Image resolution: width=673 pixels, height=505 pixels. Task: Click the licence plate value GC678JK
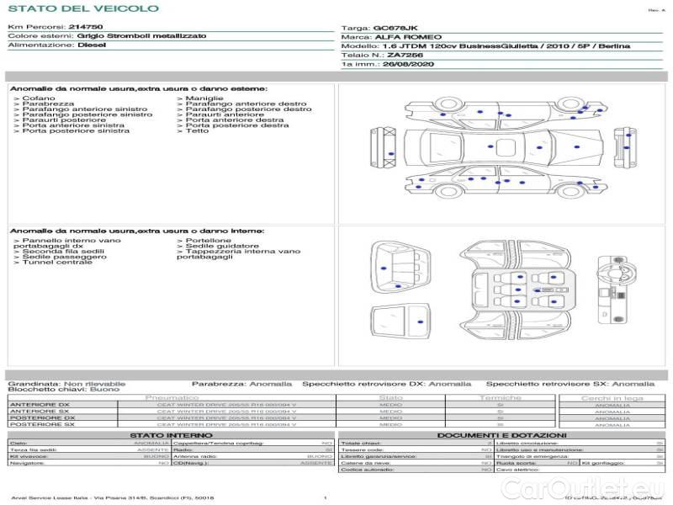point(395,28)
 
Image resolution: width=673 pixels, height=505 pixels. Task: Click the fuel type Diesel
point(92,45)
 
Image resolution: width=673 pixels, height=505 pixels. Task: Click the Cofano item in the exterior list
point(39,98)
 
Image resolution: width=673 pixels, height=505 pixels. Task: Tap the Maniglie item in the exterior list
point(202,98)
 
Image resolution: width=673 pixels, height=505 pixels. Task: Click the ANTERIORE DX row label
point(40,405)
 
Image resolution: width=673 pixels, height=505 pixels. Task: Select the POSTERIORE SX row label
point(42,424)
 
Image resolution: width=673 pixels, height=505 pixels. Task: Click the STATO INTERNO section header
point(165,435)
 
